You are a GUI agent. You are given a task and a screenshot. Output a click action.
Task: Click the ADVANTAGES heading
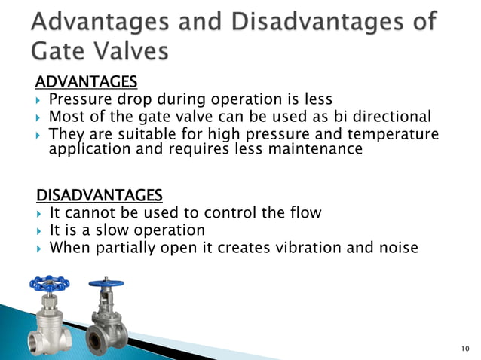tap(87, 81)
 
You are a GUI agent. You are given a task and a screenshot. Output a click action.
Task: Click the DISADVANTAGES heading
tap(100, 196)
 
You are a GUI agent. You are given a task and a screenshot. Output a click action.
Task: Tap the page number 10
tap(464, 349)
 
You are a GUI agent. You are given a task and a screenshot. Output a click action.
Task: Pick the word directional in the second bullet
tap(386, 117)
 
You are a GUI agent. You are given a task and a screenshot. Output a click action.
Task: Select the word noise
tap(395, 247)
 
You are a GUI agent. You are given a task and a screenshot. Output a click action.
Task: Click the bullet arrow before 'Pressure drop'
tap(40, 99)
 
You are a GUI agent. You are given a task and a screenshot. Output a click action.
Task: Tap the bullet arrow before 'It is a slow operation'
tap(40, 230)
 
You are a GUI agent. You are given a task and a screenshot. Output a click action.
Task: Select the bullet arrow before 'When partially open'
tap(40, 248)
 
